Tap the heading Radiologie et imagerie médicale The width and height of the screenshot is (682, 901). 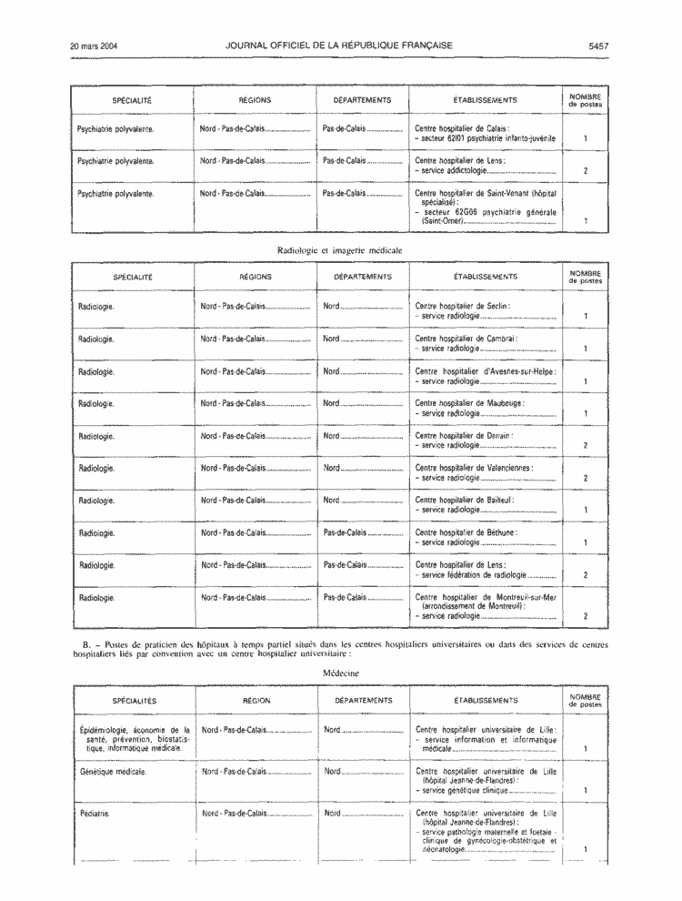(x=341, y=248)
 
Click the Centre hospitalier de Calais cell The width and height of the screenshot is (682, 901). (x=485, y=133)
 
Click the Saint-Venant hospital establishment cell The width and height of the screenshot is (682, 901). (x=485, y=209)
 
